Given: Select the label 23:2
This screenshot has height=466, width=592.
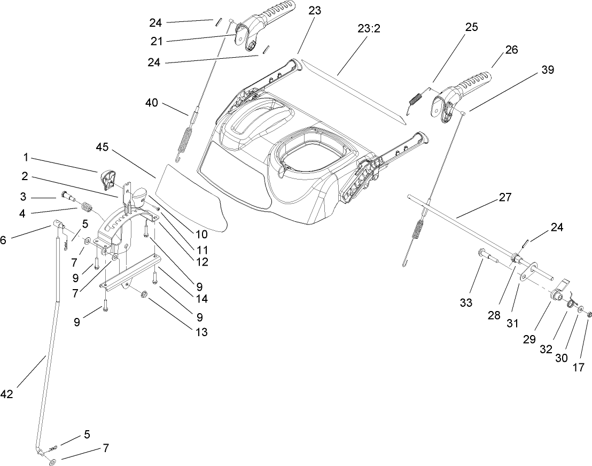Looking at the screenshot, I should (x=369, y=29).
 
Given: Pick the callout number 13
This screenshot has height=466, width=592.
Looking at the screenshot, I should (x=201, y=332).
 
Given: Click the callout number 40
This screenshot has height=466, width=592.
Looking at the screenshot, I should (x=152, y=102).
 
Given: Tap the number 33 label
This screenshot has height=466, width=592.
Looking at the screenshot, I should (x=466, y=302).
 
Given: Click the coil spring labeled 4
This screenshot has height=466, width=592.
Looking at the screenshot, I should (x=86, y=206).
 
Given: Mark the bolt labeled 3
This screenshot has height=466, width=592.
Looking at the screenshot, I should (x=68, y=196).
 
